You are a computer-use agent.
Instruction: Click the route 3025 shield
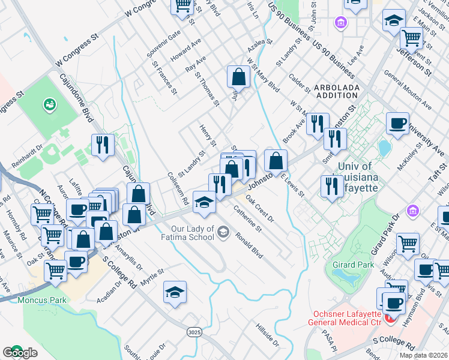[x=194, y=332]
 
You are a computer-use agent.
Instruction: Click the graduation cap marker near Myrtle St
[x=175, y=292]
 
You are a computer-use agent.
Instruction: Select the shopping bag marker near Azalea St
[x=238, y=77]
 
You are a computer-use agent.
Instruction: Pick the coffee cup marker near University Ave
[x=397, y=124]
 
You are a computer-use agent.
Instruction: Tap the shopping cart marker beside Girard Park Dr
[x=408, y=243]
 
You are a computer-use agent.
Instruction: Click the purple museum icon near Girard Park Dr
[x=412, y=211]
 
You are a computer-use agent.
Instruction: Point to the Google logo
[x=20, y=353]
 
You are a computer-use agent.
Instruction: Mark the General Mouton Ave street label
[x=408, y=91]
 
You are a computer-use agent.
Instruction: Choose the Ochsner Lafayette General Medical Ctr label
[x=364, y=319]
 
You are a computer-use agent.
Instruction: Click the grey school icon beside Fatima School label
[x=223, y=232]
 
